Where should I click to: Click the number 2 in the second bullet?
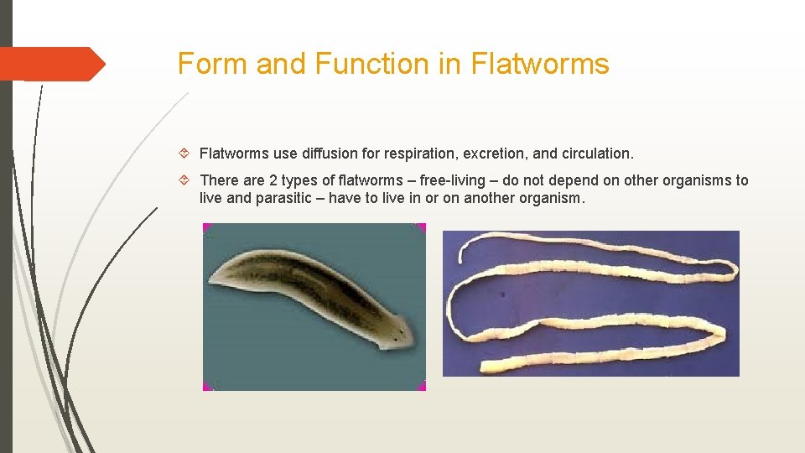tap(273, 180)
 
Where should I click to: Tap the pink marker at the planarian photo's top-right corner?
tap(421, 227)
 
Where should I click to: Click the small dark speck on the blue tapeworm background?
tap(502, 294)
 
